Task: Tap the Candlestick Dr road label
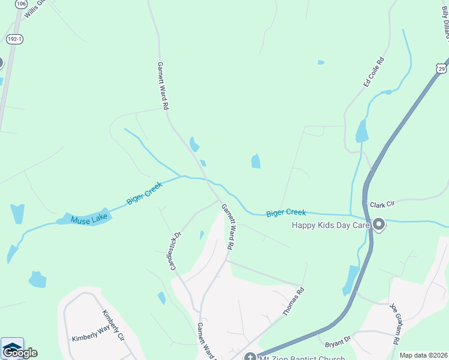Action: (175, 251)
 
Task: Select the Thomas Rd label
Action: (294, 302)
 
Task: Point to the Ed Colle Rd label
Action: (373, 72)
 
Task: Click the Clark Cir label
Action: (382, 205)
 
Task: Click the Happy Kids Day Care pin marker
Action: (379, 225)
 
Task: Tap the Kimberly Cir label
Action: (112, 326)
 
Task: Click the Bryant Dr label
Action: (337, 343)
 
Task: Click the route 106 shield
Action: (22, 4)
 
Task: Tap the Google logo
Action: (20, 353)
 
